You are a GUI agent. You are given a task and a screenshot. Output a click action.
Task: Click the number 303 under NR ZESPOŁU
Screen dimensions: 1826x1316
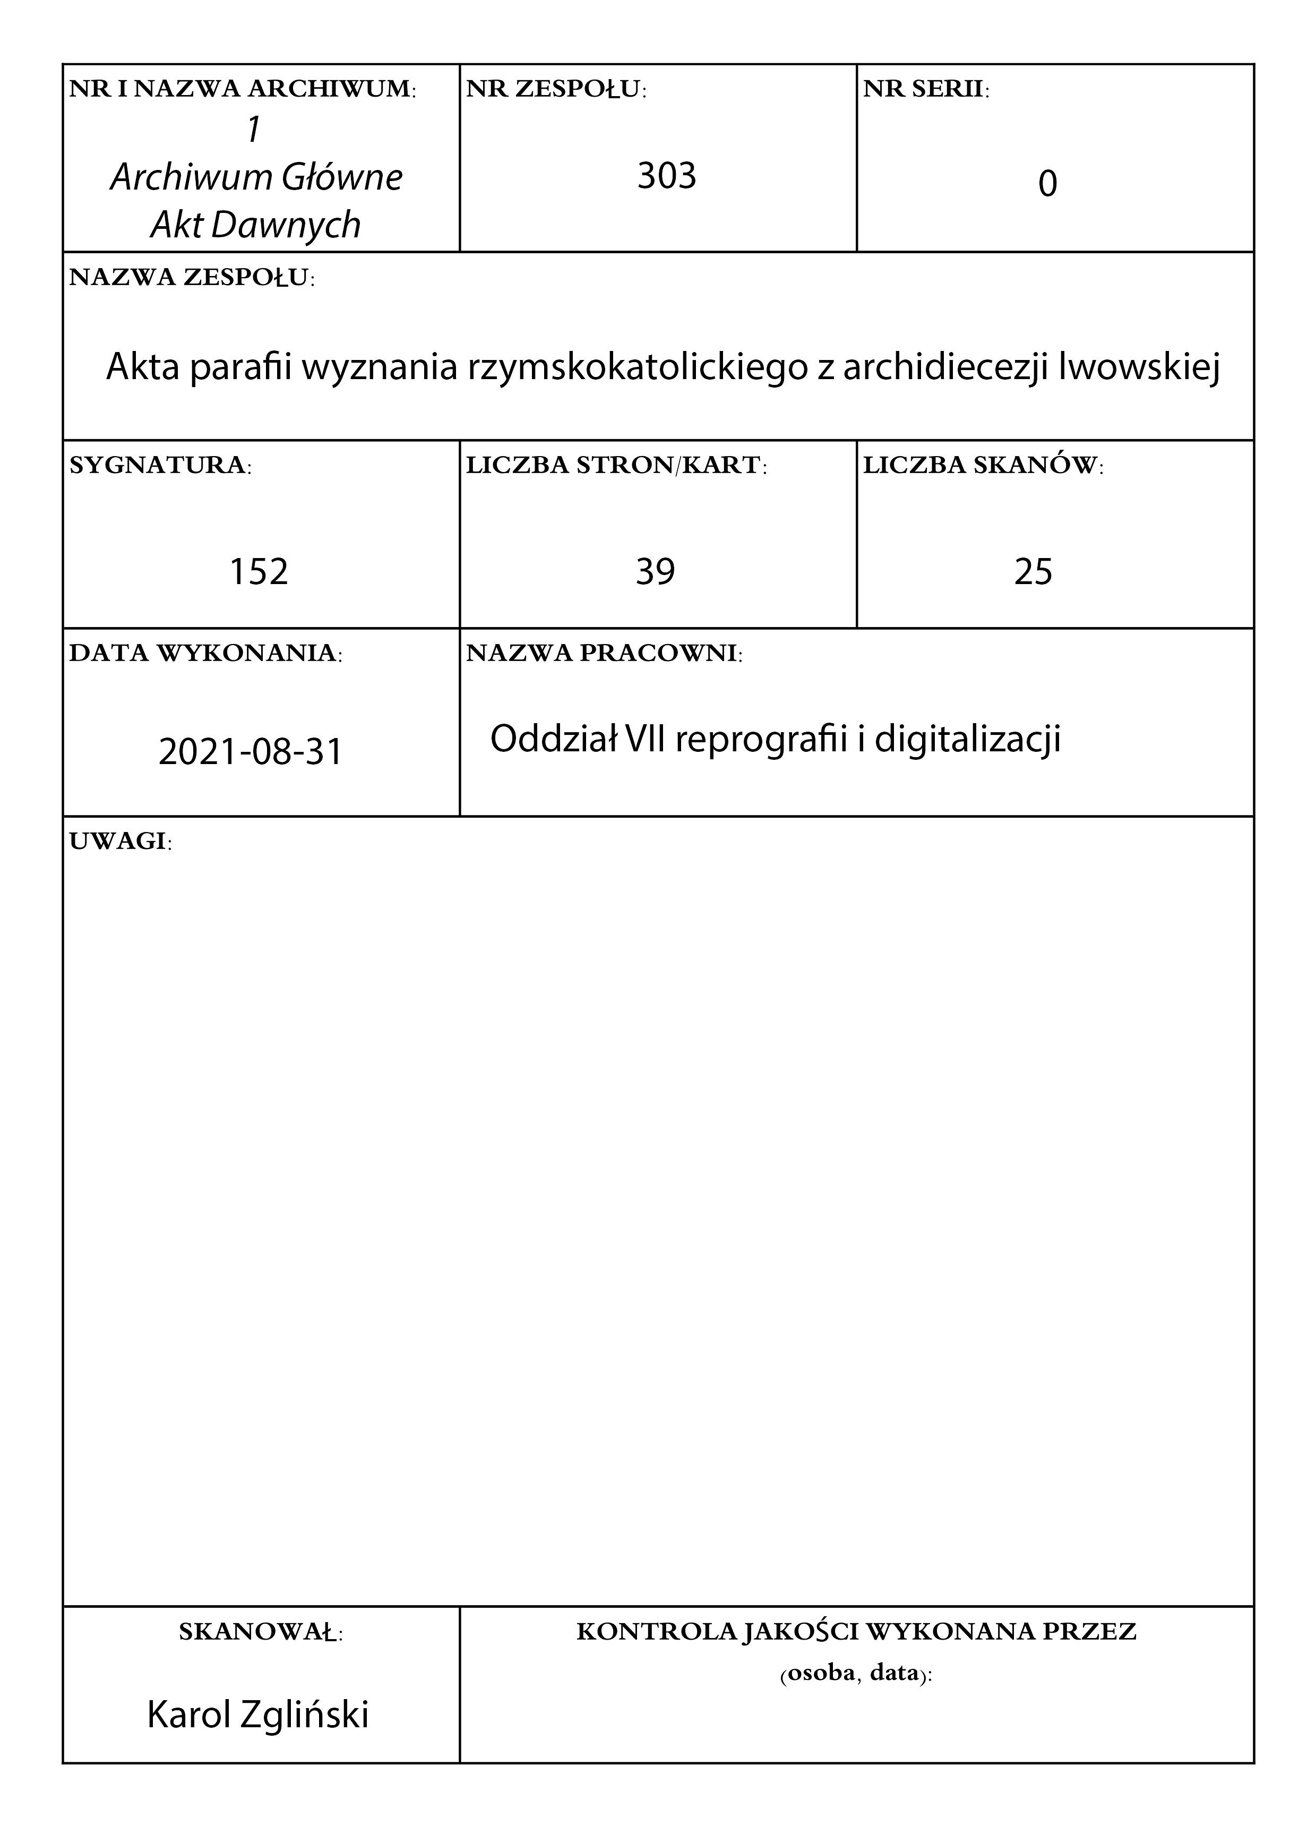(666, 176)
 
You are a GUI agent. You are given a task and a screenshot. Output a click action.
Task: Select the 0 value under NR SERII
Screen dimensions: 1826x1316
(1047, 184)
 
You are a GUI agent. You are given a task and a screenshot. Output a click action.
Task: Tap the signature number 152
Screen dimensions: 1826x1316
(259, 572)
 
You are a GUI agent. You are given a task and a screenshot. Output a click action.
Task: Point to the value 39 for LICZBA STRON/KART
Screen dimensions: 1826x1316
(655, 572)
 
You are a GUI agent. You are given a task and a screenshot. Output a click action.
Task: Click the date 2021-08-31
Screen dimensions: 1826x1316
(251, 752)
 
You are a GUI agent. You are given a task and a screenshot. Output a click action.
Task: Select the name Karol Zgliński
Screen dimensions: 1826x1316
(257, 1715)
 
